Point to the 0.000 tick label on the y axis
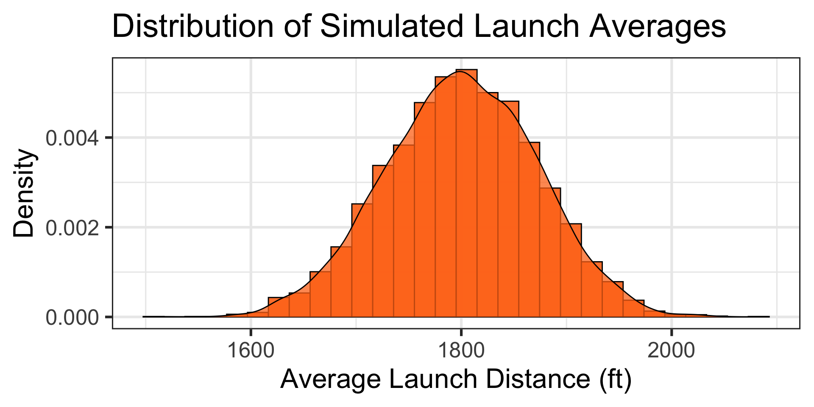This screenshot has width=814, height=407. click(x=72, y=318)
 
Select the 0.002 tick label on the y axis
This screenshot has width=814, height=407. click(x=72, y=228)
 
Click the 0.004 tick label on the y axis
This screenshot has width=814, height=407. click(x=72, y=138)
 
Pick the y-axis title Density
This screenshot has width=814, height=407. click(x=24, y=193)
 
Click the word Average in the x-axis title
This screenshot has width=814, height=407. click(x=331, y=379)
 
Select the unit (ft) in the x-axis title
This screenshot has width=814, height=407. click(x=615, y=379)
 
